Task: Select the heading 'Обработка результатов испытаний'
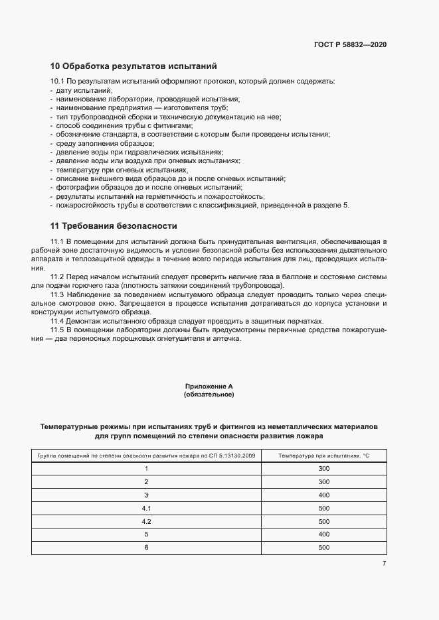click(x=133, y=66)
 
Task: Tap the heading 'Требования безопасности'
click(x=114, y=225)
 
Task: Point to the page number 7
click(x=384, y=564)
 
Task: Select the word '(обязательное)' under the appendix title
click(x=209, y=395)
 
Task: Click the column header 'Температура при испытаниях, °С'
click(x=324, y=456)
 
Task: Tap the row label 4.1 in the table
click(x=146, y=509)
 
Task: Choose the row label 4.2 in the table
click(x=146, y=522)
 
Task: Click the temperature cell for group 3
click(x=324, y=495)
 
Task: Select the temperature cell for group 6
click(x=324, y=548)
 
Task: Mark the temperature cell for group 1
click(x=324, y=469)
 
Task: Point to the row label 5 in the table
click(x=146, y=534)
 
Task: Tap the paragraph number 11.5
click(x=57, y=330)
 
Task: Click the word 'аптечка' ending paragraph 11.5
click(x=226, y=339)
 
